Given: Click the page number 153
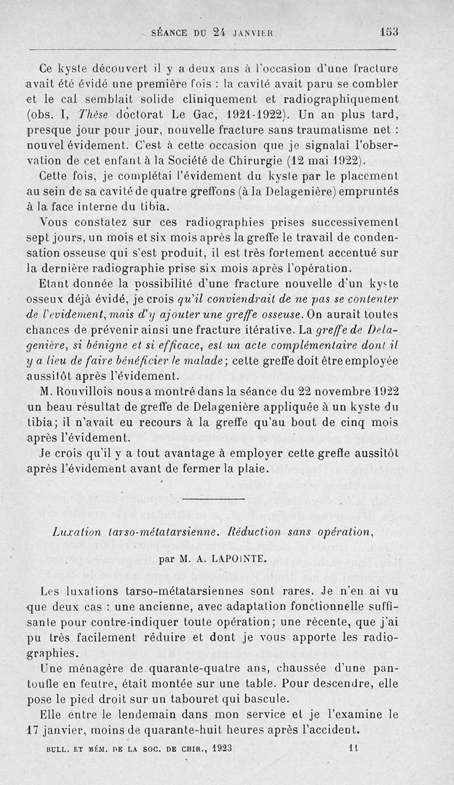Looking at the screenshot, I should pyautogui.click(x=390, y=32).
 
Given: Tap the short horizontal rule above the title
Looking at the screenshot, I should pyautogui.click(x=206, y=498).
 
